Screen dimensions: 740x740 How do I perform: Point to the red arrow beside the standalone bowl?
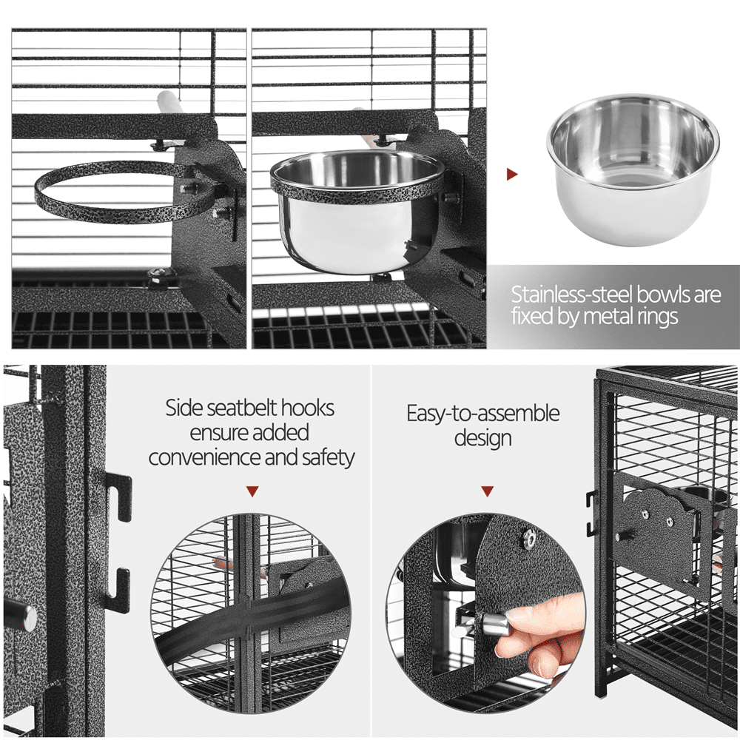pyautogui.click(x=512, y=174)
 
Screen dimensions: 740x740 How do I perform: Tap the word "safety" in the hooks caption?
pyautogui.click(x=329, y=457)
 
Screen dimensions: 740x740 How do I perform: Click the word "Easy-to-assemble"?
pyautogui.click(x=482, y=414)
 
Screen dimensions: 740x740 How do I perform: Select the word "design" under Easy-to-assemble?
pyautogui.click(x=482, y=438)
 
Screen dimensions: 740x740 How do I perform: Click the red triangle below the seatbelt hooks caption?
pyautogui.click(x=252, y=491)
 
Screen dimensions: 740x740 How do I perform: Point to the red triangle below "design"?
pyautogui.click(x=487, y=491)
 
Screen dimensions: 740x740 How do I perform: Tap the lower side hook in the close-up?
pyautogui.click(x=118, y=590)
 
